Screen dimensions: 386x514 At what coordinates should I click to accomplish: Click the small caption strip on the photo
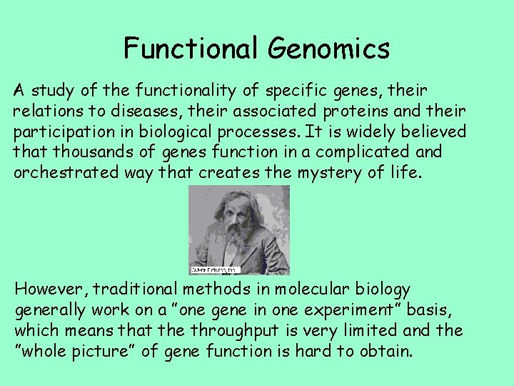(214, 270)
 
